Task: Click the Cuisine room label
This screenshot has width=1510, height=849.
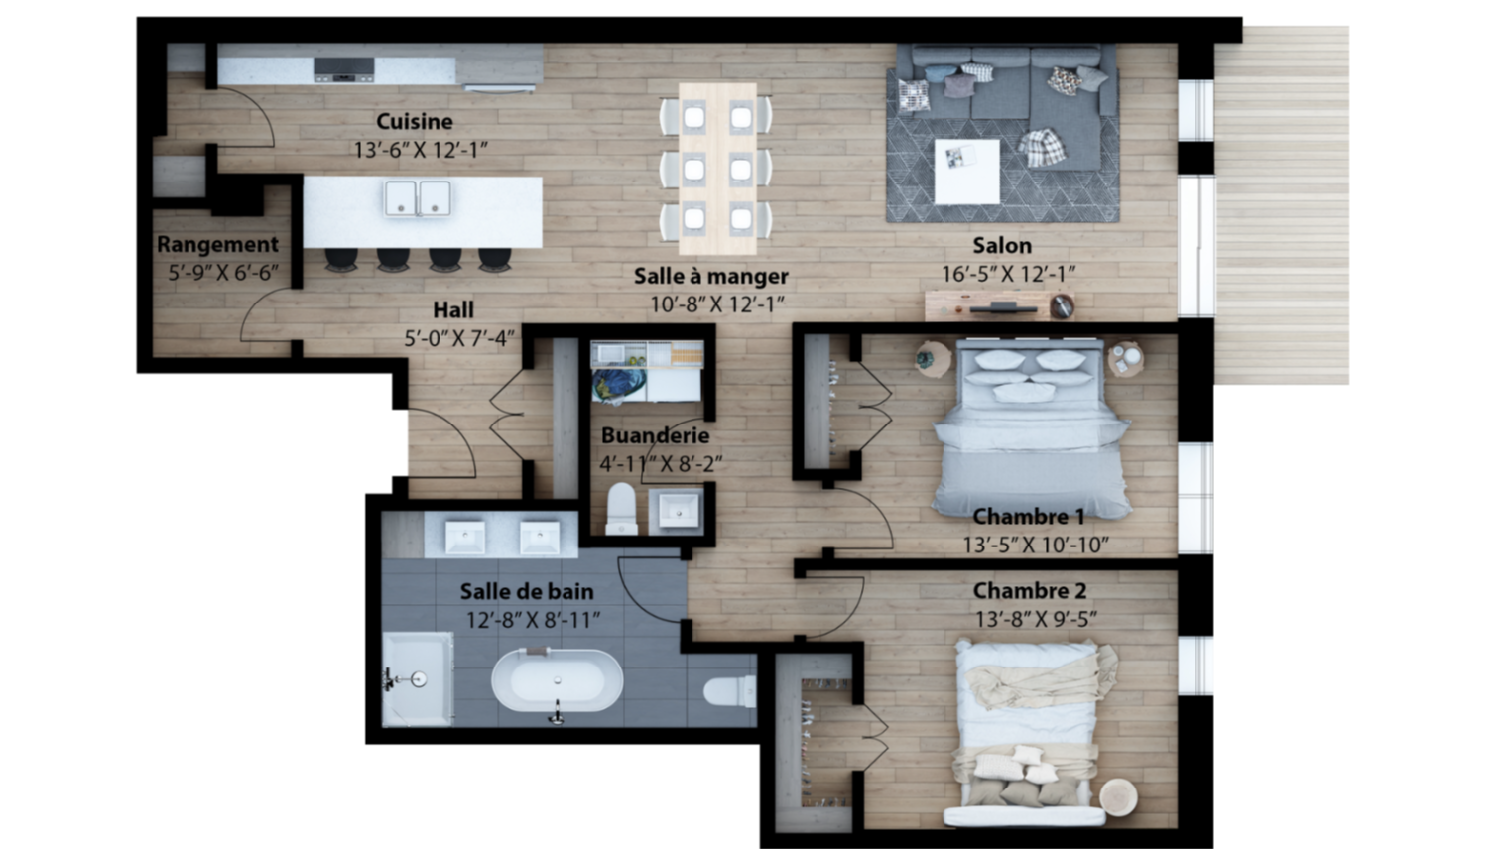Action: (x=414, y=122)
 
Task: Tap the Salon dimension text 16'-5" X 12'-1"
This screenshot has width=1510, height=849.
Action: (x=1008, y=275)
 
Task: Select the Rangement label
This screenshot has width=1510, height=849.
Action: (x=217, y=245)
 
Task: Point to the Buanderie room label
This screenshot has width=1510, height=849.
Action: (x=655, y=436)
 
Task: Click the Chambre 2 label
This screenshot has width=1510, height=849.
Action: (x=1030, y=591)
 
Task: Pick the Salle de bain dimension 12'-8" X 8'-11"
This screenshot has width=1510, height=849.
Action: (x=533, y=620)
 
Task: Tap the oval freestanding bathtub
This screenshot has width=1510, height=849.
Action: (x=557, y=680)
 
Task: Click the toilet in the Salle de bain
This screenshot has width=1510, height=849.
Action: (x=730, y=692)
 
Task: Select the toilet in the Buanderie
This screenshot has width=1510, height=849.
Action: (x=621, y=509)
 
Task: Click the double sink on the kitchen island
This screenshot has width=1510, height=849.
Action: (x=418, y=198)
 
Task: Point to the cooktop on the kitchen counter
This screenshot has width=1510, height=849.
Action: (x=344, y=69)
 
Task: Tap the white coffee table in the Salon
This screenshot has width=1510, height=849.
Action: (x=966, y=172)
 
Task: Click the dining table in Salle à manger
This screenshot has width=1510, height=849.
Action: (x=717, y=169)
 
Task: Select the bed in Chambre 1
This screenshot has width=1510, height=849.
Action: (x=1031, y=428)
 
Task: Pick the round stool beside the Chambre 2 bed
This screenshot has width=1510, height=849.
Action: (x=1118, y=797)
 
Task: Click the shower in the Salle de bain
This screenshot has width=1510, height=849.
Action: (x=418, y=679)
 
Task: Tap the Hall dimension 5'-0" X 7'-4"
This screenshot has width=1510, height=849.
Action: (x=459, y=338)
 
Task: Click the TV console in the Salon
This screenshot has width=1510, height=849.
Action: (x=1000, y=305)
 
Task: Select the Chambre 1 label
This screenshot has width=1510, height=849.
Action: (x=1029, y=517)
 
